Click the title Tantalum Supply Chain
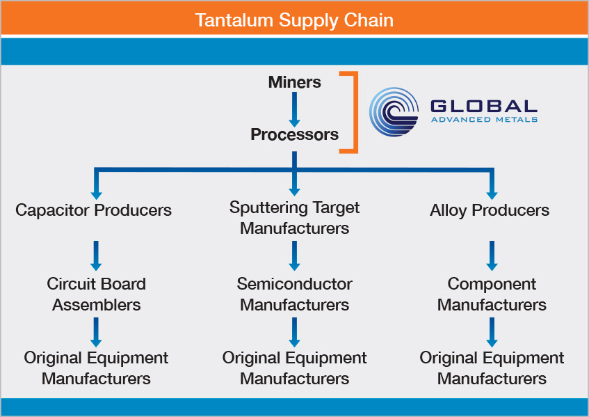coord(294,19)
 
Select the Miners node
coord(294,82)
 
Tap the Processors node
coord(294,134)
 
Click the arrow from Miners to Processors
coord(294,108)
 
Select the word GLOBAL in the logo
coord(483,106)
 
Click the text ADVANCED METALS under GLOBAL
coord(483,120)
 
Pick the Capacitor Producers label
coord(93,210)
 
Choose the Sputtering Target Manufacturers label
coord(294,217)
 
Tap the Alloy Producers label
coord(490,210)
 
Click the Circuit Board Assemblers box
coord(96,294)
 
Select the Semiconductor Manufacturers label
coord(294,294)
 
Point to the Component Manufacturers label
coord(492,294)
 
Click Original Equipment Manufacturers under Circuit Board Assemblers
coord(96,368)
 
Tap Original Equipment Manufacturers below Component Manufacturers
coord(492,368)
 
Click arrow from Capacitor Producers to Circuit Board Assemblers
coord(96,255)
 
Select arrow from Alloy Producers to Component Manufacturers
coord(492,255)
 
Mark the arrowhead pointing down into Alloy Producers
coord(492,193)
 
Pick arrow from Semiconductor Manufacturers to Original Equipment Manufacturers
coord(294,331)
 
